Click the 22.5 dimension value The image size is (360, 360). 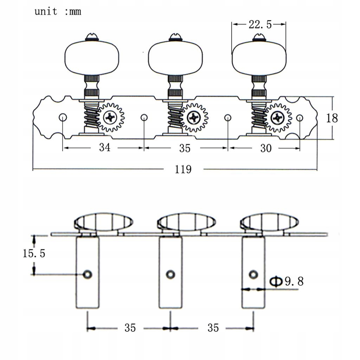coord(260,25)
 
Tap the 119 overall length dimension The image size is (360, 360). coord(183,169)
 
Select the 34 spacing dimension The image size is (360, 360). coord(104,148)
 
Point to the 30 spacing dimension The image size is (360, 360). coord(266,148)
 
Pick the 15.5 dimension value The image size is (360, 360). coord(34,253)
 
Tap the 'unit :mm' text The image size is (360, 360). coord(58,11)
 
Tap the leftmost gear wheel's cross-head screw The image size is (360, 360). coord(111,117)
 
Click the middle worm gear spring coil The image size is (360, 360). coord(175,117)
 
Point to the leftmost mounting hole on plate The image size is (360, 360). coord(63,117)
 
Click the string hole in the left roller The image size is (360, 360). coord(87,274)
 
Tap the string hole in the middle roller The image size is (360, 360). coord(171,274)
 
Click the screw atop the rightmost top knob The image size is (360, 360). coord(259,36)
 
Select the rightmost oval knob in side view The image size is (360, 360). coord(269,222)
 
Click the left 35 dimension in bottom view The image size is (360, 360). coord(130,328)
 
